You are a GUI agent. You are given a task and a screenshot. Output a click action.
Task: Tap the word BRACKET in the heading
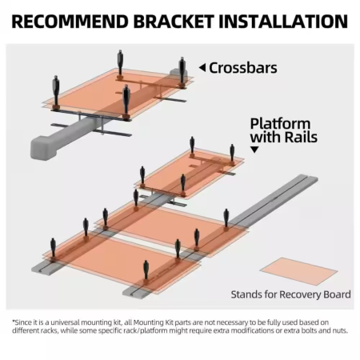[x=174, y=22]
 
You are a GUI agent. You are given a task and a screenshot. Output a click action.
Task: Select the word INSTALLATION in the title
[x=283, y=22]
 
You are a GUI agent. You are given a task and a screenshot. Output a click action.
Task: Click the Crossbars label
[x=243, y=68]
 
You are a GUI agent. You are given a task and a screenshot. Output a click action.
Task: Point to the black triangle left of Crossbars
[x=202, y=68]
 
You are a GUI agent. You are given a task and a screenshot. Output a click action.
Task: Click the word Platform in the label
[x=280, y=124]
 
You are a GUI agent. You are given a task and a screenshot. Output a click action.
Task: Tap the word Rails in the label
[x=301, y=137]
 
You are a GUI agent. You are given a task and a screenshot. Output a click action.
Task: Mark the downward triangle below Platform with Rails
[x=254, y=150]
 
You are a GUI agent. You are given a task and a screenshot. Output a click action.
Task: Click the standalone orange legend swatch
[x=298, y=271]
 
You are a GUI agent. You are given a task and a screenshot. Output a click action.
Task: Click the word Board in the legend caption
[x=337, y=294]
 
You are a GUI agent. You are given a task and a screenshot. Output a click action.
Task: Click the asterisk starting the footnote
[x=14, y=322]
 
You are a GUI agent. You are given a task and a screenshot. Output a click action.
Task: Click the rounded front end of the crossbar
[x=42, y=148]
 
